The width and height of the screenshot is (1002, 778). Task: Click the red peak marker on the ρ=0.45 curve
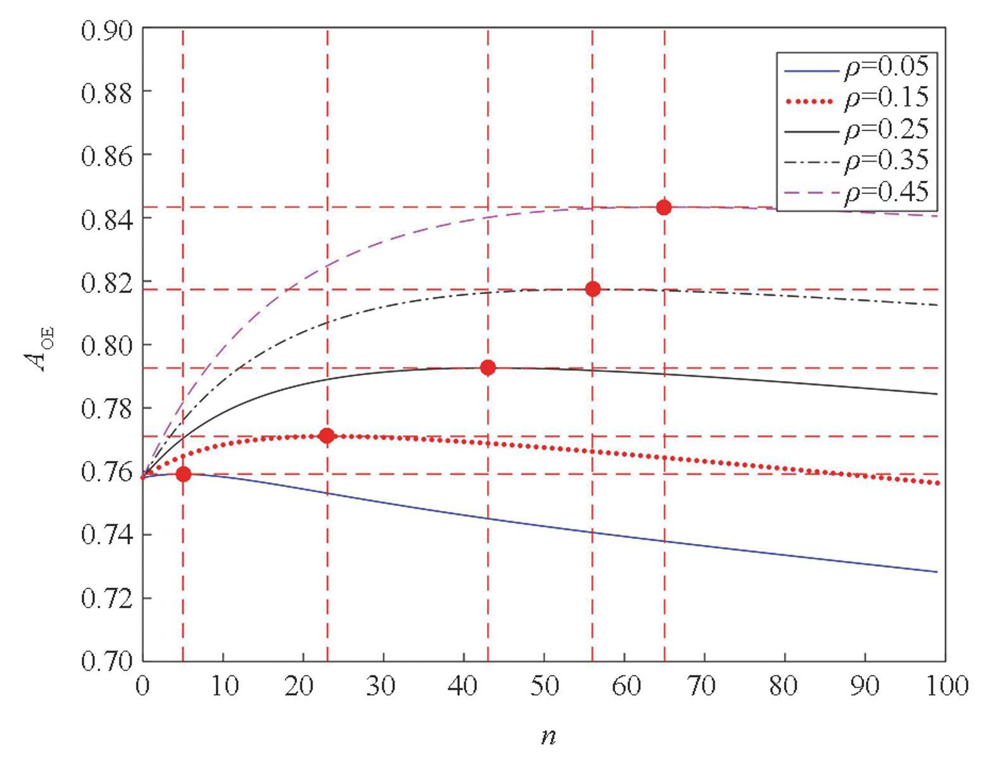664,207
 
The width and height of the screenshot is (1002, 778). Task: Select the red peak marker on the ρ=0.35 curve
593,289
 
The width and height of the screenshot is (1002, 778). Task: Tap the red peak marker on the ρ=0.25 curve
488,368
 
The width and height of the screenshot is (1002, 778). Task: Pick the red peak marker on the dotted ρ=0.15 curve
327,436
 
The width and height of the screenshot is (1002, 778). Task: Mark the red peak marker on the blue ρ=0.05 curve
183,474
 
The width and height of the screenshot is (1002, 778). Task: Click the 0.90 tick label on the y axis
107,30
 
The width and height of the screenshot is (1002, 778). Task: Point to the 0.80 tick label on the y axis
107,346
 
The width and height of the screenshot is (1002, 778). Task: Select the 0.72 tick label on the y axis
107,599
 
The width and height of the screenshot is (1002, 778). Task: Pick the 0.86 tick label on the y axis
107,156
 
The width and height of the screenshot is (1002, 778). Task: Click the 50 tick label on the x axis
545,686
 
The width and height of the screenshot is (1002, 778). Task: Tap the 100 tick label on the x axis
944,686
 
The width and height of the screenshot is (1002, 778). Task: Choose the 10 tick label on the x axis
224,686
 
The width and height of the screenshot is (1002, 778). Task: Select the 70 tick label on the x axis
705,686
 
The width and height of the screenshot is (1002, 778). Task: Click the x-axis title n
549,736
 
